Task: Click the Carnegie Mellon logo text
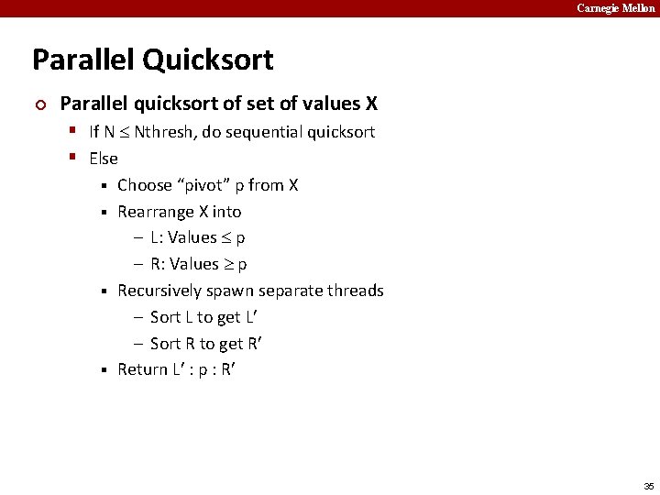coord(616,8)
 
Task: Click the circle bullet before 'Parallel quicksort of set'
coord(38,104)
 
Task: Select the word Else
coord(104,159)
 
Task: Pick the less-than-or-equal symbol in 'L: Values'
coord(226,238)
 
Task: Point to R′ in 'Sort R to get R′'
coord(258,344)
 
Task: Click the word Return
coord(142,369)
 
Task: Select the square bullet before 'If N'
coord(71,131)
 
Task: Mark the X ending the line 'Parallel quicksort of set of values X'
coord(371,104)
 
